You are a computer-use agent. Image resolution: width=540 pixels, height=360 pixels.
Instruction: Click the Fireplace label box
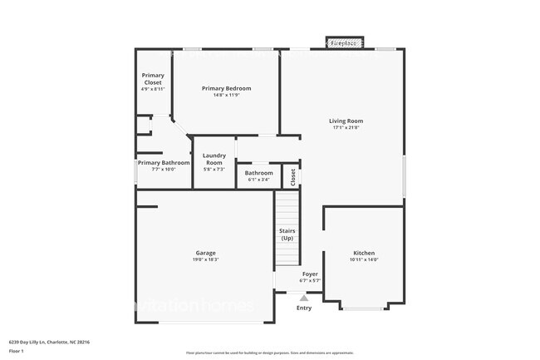click(x=343, y=42)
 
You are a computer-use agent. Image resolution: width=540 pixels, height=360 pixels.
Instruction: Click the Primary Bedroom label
click(x=227, y=88)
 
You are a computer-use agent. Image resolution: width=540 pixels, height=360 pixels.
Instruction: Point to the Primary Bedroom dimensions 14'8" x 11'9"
click(x=227, y=95)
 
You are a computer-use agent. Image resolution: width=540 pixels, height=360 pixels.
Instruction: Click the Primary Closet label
click(x=153, y=78)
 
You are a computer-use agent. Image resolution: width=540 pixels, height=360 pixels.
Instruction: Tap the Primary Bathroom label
click(x=164, y=163)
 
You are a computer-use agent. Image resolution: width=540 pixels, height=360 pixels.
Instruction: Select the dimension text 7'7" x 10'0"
click(x=164, y=170)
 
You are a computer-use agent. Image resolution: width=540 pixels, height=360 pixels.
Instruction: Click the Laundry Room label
click(x=214, y=159)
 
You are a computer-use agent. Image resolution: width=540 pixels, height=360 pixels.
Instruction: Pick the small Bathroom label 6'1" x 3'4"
click(x=258, y=173)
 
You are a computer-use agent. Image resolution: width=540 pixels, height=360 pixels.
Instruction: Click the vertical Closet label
click(x=292, y=177)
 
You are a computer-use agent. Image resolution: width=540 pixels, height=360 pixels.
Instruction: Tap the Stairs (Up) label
click(x=287, y=234)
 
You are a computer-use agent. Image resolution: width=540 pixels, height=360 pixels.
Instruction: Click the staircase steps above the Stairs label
click(x=287, y=206)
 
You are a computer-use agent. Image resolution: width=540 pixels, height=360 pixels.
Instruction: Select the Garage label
click(x=206, y=253)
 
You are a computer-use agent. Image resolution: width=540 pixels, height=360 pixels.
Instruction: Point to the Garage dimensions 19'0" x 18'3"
click(x=206, y=259)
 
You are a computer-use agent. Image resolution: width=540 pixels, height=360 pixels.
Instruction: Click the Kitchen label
click(x=364, y=253)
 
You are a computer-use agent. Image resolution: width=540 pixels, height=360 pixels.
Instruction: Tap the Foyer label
click(x=309, y=274)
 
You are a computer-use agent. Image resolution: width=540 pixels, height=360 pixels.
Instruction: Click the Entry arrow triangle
click(x=304, y=297)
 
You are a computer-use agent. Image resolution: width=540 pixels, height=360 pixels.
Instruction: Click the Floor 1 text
click(x=16, y=351)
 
